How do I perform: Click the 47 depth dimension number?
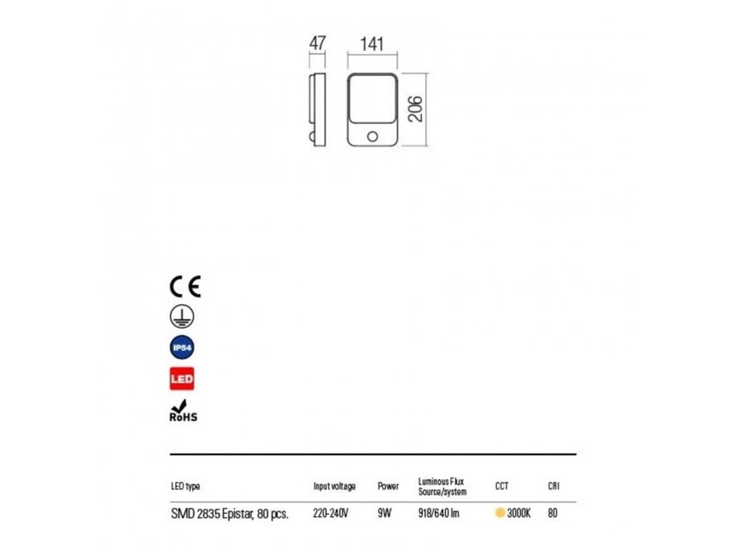pyautogui.click(x=317, y=43)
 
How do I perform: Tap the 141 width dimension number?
pyautogui.click(x=372, y=44)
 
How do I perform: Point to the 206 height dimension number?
pyautogui.click(x=415, y=109)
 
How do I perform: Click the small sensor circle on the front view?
pyautogui.click(x=372, y=136)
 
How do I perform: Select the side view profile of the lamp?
pyautogui.click(x=317, y=110)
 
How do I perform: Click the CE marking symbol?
pyautogui.click(x=185, y=286)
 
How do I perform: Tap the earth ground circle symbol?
pyautogui.click(x=182, y=317)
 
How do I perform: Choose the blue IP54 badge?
pyautogui.click(x=182, y=347)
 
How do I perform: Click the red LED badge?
pyautogui.click(x=182, y=379)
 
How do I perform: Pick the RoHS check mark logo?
pyautogui.click(x=183, y=411)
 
